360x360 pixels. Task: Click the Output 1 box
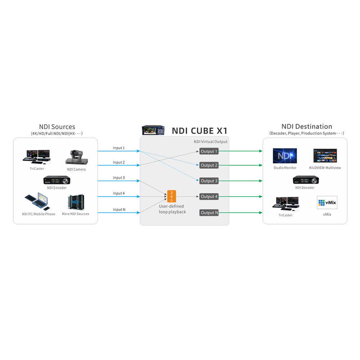coord(209,151)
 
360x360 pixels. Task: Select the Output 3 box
coord(209,181)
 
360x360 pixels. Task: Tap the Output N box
coord(209,213)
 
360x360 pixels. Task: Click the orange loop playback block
coord(172,196)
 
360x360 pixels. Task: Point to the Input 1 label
coord(119,148)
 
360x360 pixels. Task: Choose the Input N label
coord(119,210)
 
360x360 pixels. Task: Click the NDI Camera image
coord(76,157)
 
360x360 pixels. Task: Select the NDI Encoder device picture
coord(57,180)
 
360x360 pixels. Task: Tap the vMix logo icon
coord(327,202)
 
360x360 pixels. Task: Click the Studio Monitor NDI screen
coord(285,156)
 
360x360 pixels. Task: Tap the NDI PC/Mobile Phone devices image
coord(38,202)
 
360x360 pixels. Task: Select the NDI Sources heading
coord(57,127)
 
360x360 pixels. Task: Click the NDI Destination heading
coord(306,126)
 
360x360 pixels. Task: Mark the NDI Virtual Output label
coord(211,141)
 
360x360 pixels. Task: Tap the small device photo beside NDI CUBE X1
coord(153,130)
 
